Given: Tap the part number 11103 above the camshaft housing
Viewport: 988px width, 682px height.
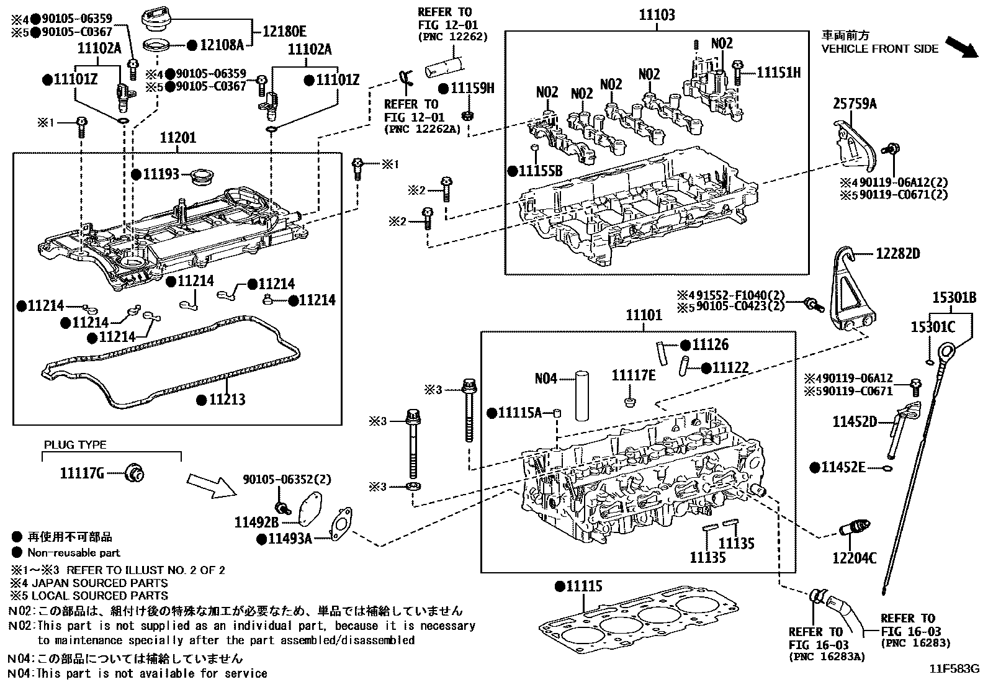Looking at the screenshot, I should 657,15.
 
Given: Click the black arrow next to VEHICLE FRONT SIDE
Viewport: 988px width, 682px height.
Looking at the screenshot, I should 962,47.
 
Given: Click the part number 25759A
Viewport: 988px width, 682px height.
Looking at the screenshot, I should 855,104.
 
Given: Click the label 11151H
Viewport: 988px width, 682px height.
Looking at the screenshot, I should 778,73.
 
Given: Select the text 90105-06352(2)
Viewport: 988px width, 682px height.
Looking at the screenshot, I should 287,479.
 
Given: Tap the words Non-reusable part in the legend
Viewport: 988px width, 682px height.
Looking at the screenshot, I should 73,552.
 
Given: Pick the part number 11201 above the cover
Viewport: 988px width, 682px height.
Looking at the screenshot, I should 178,138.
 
